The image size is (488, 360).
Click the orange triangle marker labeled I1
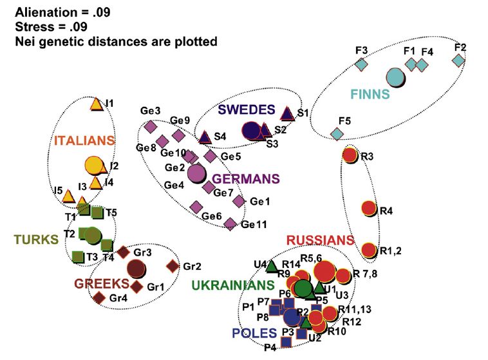point(95,104)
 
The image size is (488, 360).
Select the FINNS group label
point(370,94)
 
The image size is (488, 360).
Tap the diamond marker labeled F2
point(458,60)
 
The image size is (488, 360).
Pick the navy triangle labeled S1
point(287,114)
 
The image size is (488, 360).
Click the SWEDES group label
point(246,110)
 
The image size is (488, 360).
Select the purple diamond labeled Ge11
point(230,223)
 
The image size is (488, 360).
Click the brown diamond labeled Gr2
point(173,265)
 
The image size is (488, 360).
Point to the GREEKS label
point(100,283)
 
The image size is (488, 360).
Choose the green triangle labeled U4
point(271,265)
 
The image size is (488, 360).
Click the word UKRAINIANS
point(232,284)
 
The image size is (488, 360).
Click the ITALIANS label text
point(84,140)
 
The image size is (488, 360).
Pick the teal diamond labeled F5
point(337,133)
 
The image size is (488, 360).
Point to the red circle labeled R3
point(350,155)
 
